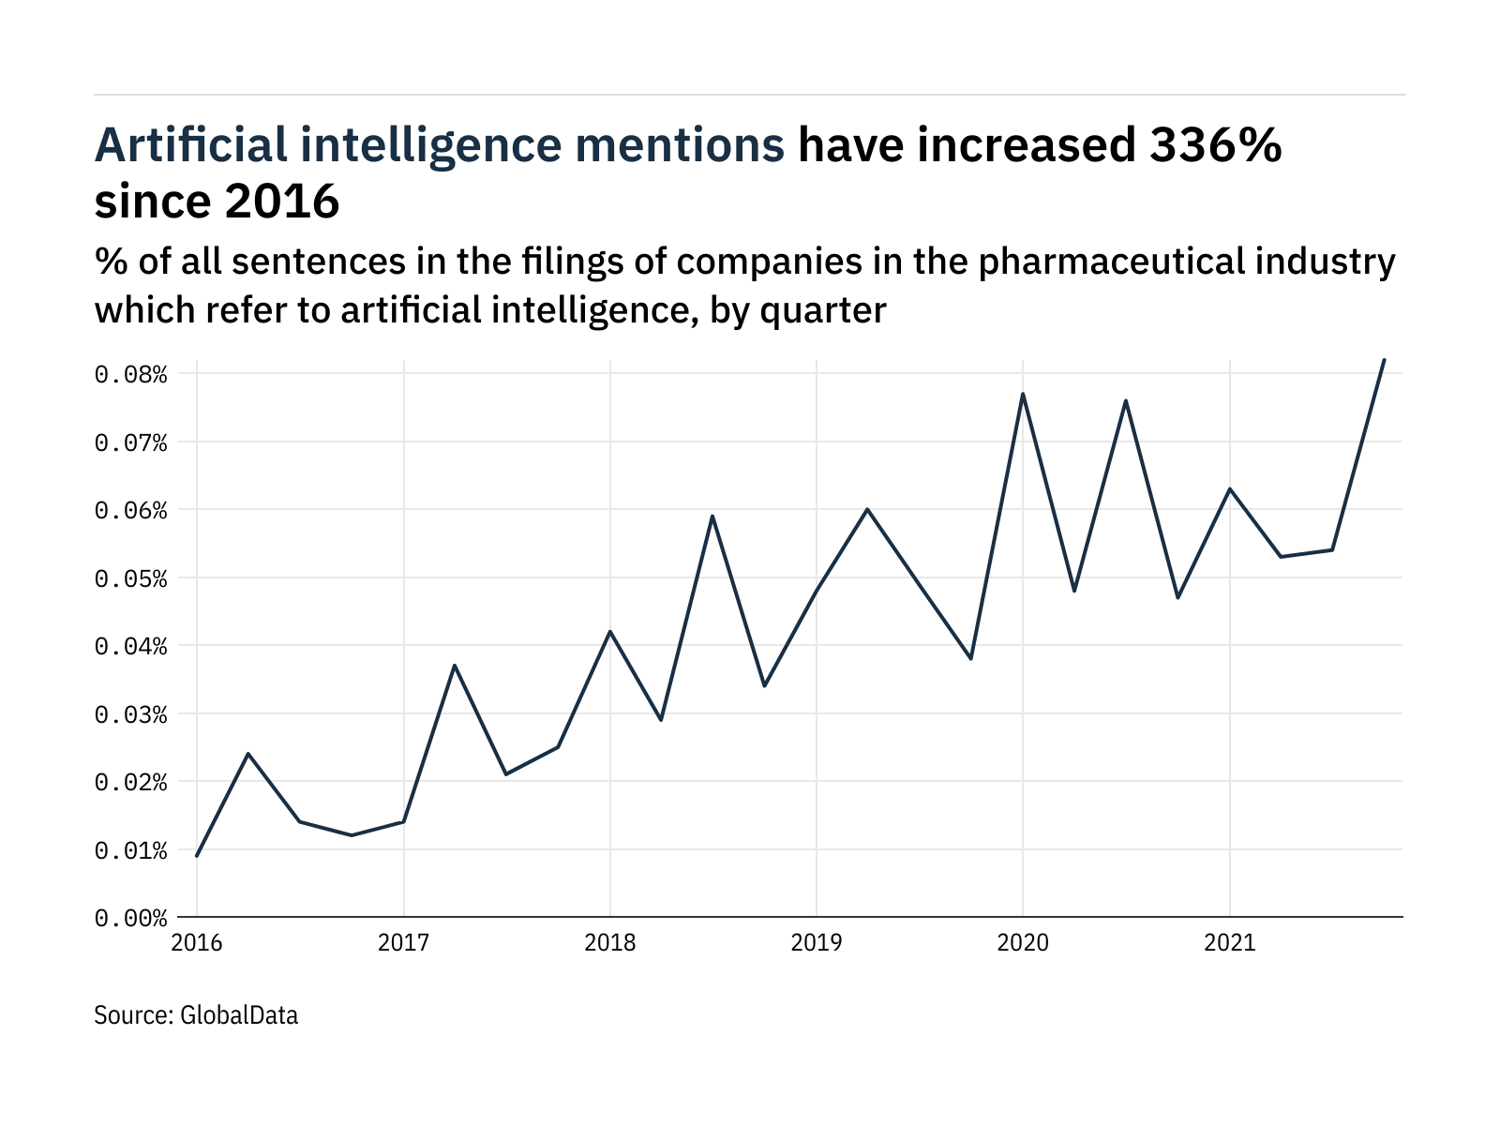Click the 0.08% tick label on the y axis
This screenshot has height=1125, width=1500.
click(131, 375)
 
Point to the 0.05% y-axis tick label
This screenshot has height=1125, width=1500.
click(131, 578)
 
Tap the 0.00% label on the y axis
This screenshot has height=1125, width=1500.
click(131, 918)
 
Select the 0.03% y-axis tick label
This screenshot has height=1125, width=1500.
click(131, 714)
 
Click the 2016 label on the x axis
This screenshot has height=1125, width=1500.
click(197, 942)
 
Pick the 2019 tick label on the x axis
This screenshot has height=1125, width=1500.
click(817, 942)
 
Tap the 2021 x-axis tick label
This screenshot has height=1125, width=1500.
click(1229, 942)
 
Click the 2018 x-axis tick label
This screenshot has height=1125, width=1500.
click(610, 942)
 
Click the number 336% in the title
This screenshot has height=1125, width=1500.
click(1216, 145)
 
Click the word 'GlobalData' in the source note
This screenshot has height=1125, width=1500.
click(239, 1015)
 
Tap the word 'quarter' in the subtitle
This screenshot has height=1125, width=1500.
click(823, 310)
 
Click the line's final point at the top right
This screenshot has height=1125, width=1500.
click(1384, 360)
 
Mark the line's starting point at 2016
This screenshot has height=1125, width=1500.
click(197, 856)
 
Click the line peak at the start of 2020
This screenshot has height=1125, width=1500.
click(1023, 394)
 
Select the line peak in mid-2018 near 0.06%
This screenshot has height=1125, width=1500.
click(712, 516)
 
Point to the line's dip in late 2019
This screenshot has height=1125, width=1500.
click(971, 659)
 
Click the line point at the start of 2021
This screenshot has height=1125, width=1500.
click(1229, 488)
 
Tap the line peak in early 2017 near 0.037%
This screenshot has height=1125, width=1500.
click(455, 666)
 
